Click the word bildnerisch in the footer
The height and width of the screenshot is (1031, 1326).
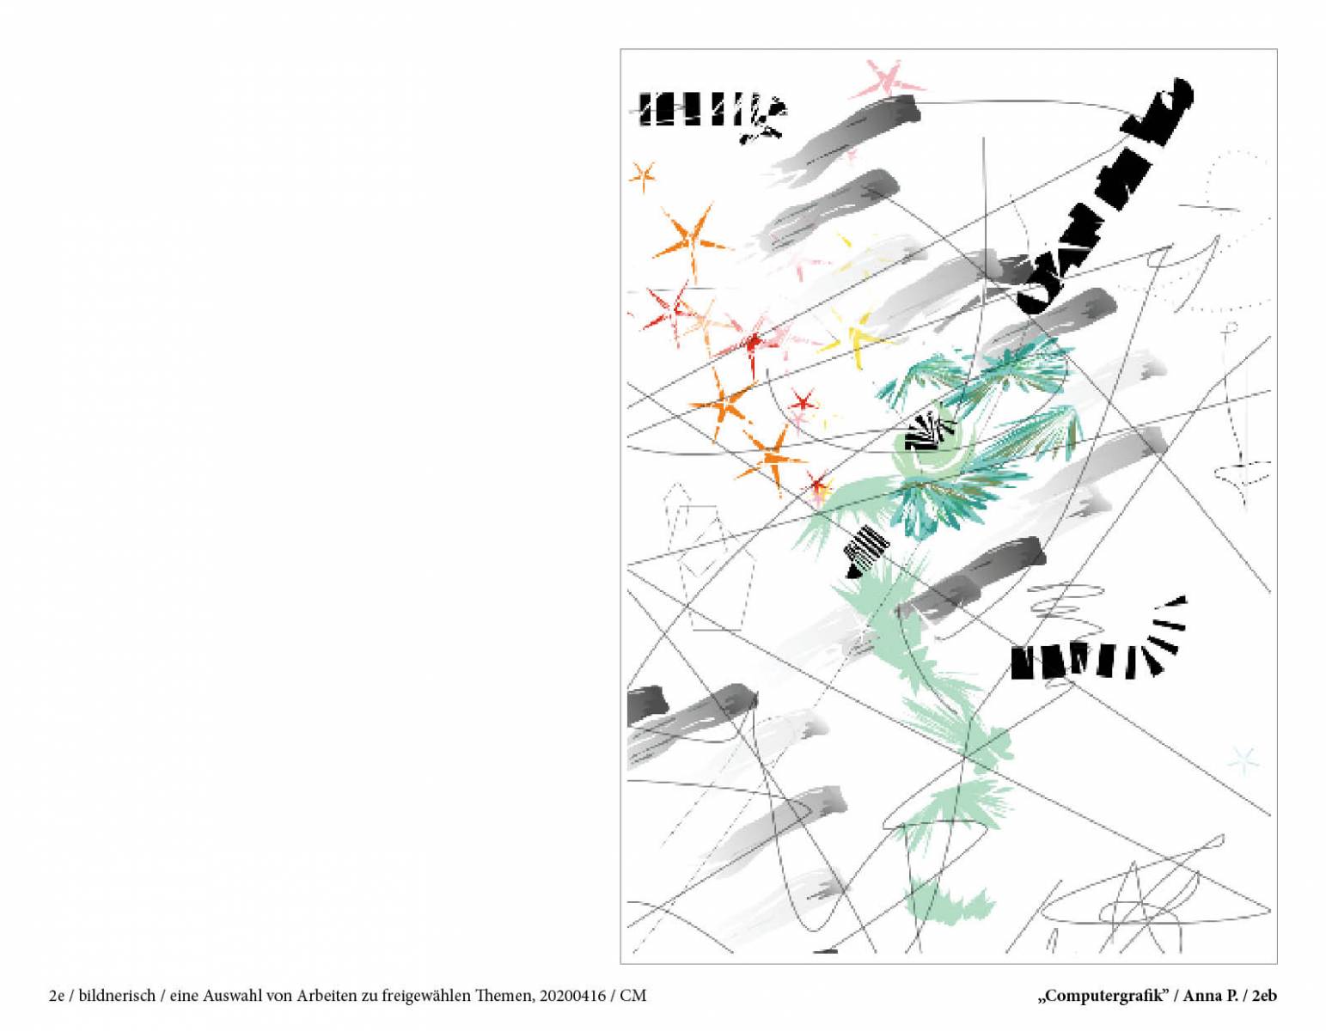117,996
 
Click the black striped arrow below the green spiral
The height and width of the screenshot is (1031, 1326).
865,552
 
